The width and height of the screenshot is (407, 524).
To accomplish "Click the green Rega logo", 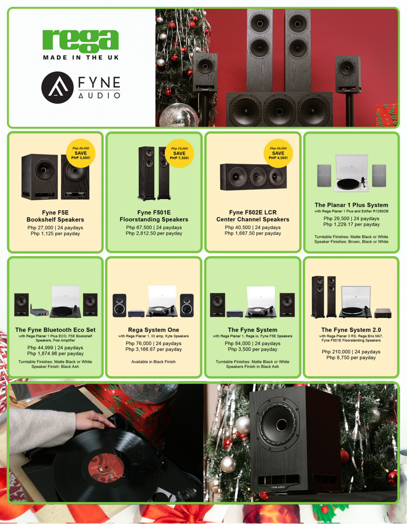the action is [81, 40].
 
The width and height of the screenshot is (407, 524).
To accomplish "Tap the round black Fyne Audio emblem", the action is [57, 88].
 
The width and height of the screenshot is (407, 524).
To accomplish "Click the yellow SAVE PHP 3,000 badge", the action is [81, 153].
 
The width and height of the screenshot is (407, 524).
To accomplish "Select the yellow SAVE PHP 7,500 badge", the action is [179, 154].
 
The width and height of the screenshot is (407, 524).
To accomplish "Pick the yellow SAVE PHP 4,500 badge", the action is [278, 153].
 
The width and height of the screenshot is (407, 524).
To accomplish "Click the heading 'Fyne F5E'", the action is [55, 212].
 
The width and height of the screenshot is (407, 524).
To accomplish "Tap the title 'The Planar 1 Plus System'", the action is [351, 205].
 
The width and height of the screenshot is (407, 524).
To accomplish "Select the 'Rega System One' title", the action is [154, 330].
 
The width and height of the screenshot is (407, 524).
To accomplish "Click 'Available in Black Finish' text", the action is [153, 362].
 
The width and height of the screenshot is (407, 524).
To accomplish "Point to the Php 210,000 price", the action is [336, 352].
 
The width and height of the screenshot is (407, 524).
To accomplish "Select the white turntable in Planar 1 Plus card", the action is [352, 173].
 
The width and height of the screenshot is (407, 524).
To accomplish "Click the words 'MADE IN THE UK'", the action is [81, 57].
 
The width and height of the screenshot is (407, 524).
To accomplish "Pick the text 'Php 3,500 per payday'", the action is [253, 349].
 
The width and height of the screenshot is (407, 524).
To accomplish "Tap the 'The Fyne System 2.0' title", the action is [351, 330].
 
